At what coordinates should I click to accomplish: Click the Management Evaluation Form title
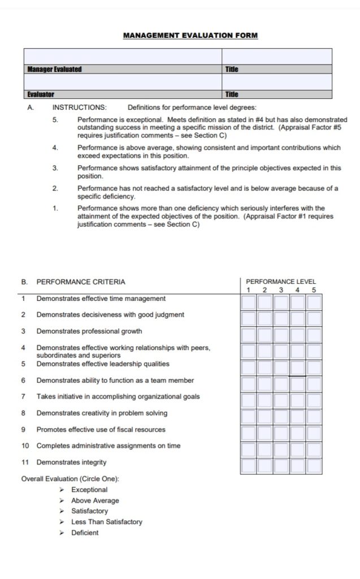190,36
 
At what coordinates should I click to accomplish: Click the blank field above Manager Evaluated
123,57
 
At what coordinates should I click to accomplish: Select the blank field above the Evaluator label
123,83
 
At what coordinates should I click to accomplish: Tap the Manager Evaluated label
55,69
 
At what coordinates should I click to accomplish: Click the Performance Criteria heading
81,282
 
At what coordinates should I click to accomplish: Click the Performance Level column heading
281,282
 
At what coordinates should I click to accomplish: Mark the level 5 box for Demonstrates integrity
314,466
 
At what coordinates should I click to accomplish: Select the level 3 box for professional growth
281,335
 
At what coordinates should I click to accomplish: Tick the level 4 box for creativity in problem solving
298,417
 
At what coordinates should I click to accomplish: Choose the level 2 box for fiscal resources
264,434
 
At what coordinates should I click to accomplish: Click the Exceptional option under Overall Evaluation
89,490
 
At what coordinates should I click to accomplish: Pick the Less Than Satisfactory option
106,522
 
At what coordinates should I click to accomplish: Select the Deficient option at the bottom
84,533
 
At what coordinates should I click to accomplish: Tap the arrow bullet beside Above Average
62,500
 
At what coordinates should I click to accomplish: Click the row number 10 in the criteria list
25,446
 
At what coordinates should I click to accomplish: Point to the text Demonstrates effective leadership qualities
102,364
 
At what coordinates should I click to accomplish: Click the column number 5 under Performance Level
314,290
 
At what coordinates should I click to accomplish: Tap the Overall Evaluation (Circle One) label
70,479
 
